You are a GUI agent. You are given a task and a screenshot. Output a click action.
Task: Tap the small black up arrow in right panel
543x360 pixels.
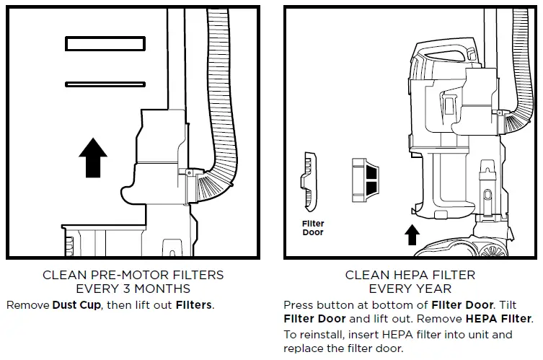pos(412,234)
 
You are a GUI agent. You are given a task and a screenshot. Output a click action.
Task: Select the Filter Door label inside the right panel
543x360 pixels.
pos(313,228)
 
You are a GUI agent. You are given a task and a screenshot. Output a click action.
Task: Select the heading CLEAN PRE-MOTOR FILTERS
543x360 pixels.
pos(133,275)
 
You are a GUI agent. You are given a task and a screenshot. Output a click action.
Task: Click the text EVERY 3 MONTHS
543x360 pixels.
pos(133,289)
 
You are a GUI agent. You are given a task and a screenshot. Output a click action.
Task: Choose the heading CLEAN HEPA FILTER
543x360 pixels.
pos(409,275)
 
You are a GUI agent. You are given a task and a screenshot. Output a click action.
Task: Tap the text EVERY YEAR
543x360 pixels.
pos(409,289)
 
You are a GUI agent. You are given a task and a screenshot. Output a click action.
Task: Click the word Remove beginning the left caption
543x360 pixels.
pos(27,305)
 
